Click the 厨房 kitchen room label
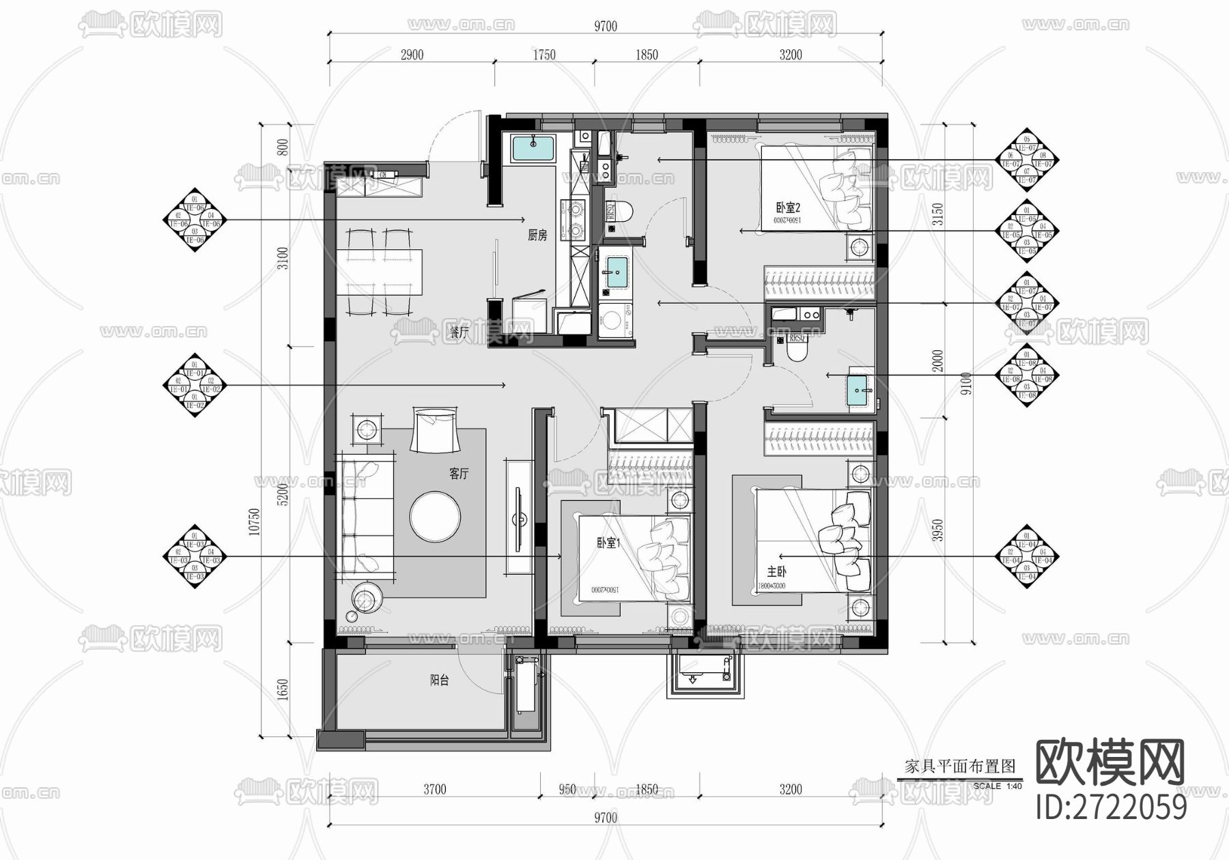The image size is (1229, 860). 537,236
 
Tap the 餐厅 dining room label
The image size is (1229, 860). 458,332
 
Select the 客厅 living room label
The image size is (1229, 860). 459,474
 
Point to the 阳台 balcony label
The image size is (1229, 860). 439,680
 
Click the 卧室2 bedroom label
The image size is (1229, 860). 787,207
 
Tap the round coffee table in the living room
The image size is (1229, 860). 435,517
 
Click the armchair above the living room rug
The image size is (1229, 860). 435,429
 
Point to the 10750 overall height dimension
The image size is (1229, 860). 254,522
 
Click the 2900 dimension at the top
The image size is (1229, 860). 411,55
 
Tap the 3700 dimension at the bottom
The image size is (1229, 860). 434,790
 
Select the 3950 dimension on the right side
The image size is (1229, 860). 938,530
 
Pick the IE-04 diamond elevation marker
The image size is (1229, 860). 1027,557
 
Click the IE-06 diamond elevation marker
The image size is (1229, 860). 195,220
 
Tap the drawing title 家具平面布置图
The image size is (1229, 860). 960,766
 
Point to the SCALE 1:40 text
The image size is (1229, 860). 998,786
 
